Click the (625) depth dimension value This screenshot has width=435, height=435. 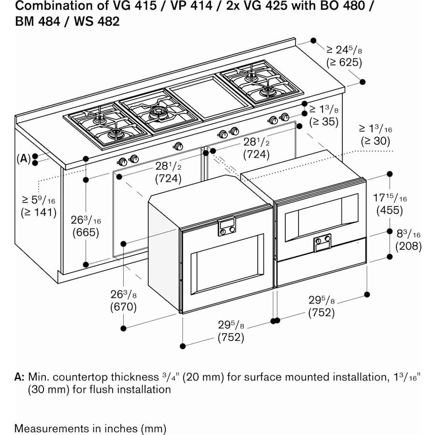(x=344, y=62)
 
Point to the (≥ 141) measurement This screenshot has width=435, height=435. (x=39, y=212)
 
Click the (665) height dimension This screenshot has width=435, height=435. (x=86, y=232)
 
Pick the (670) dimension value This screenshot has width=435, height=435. (x=123, y=306)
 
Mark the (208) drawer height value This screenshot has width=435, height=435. (x=408, y=246)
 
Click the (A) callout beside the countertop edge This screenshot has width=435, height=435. (x=23, y=158)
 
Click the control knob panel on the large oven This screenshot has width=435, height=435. (x=227, y=227)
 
